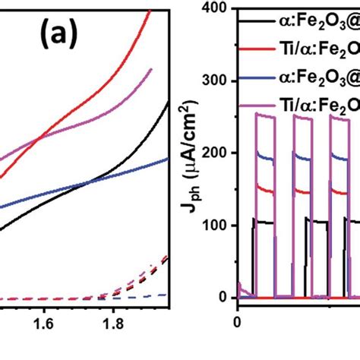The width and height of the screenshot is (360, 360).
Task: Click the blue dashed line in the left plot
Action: pyautogui.click(x=144, y=295)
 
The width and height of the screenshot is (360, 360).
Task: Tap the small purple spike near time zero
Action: pyautogui.click(x=240, y=285)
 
